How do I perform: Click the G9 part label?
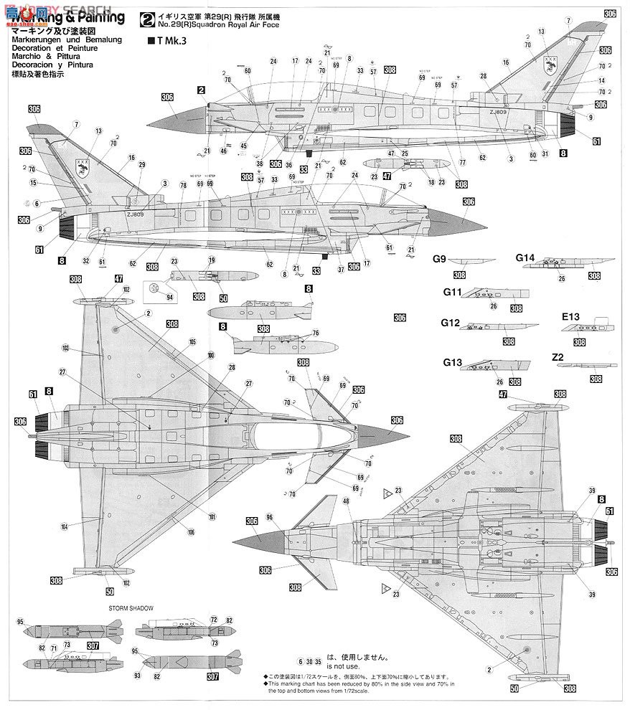coord(439,259)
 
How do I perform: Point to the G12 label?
coord(450,323)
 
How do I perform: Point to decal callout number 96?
coord(269,517)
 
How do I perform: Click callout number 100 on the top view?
coord(210,356)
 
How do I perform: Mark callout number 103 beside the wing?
coord(65,348)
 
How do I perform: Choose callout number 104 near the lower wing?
coord(65,526)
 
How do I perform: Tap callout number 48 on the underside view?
coord(347,501)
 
